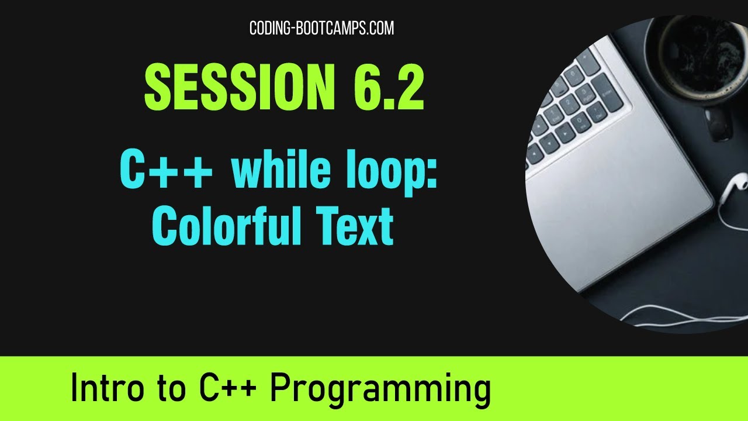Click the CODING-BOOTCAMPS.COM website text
pyautogui.click(x=321, y=27)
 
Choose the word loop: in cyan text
pyautogui.click(x=392, y=170)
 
